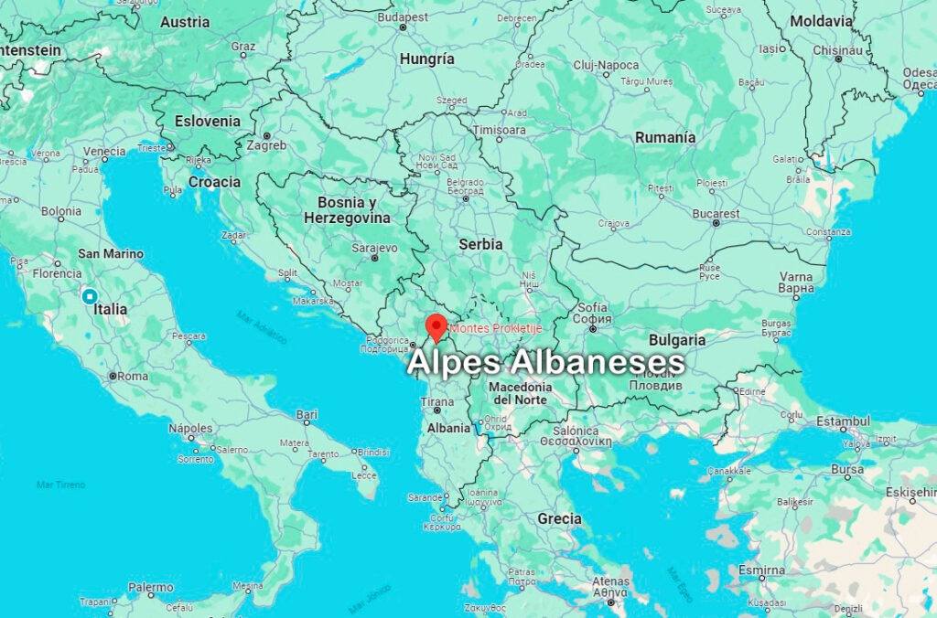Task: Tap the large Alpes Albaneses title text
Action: (545, 362)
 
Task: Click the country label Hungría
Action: (426, 59)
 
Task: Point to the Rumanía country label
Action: (665, 137)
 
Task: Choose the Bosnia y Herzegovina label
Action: (347, 209)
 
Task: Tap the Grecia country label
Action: (559, 518)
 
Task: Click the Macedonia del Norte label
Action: (521, 393)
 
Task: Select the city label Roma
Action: (133, 376)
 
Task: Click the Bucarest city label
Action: (716, 213)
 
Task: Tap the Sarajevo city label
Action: (374, 248)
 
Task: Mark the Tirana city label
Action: (436, 402)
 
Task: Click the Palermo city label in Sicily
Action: (151, 588)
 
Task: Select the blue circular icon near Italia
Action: (90, 296)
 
